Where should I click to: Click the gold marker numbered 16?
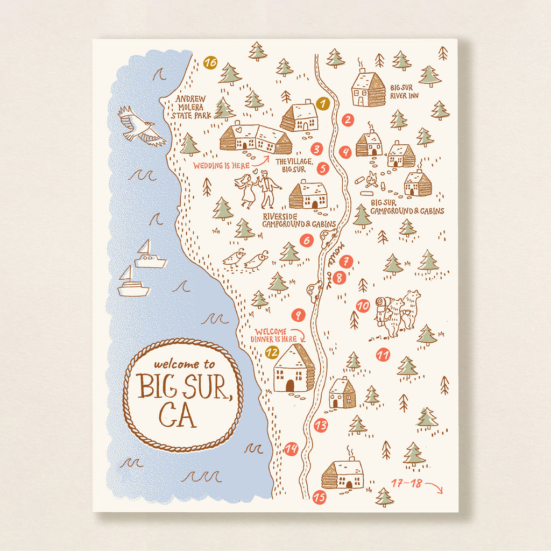click(210, 63)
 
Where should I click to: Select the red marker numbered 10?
click(363, 306)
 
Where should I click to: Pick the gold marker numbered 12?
click(272, 353)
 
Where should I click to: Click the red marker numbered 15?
click(319, 498)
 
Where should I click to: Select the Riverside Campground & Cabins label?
click(299, 220)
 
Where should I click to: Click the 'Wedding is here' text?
click(222, 166)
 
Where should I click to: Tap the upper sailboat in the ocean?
click(149, 256)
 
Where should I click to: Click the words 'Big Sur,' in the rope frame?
click(183, 386)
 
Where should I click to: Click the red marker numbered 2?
click(348, 120)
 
